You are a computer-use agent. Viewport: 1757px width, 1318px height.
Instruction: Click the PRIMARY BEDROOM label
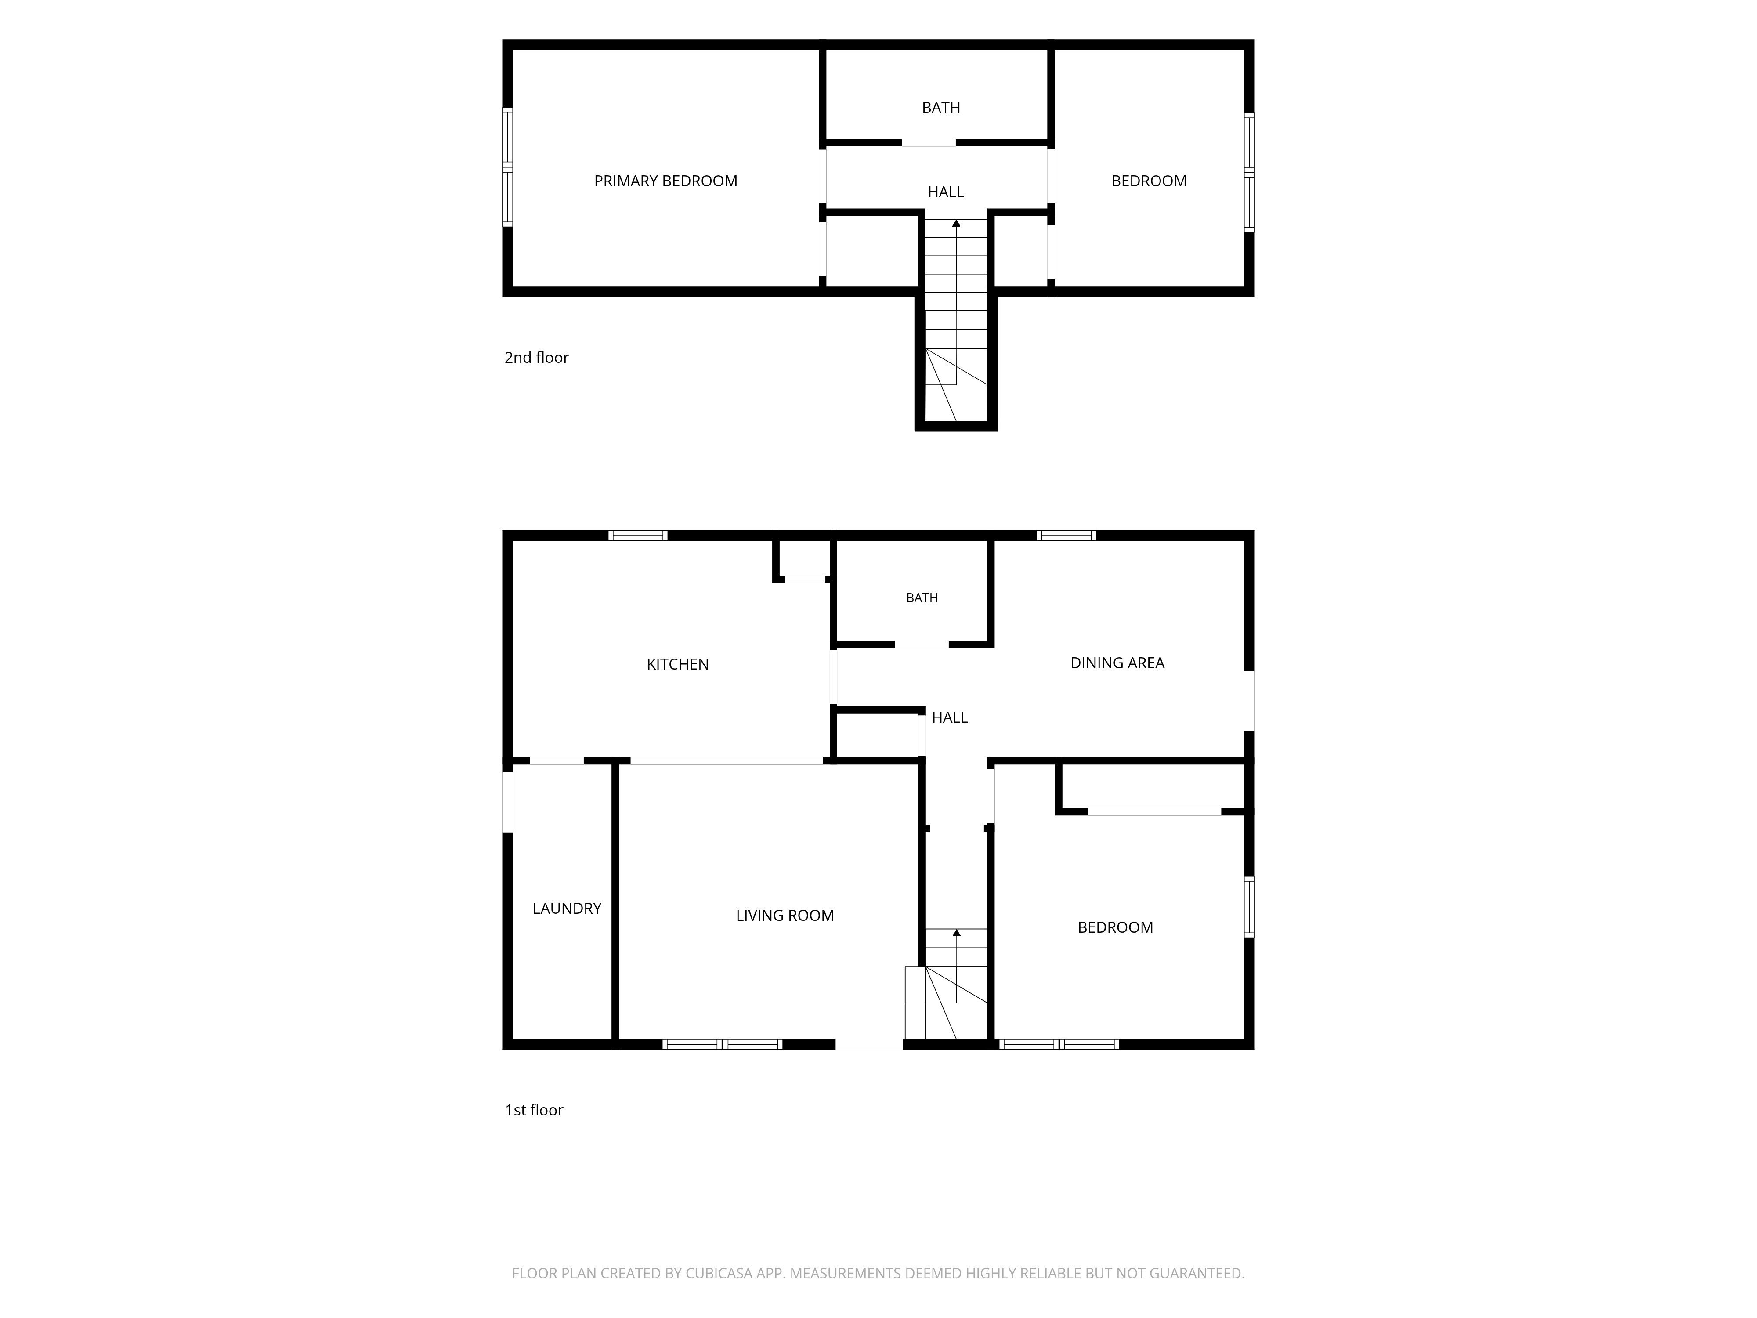tap(665, 181)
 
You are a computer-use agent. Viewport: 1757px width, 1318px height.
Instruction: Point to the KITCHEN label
tap(677, 664)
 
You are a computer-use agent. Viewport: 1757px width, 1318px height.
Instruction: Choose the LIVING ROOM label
tap(785, 915)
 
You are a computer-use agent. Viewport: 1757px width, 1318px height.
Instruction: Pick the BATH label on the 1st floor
tap(922, 597)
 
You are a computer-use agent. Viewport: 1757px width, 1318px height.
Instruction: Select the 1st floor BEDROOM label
tap(1115, 927)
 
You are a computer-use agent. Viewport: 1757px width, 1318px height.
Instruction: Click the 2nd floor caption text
tap(536, 358)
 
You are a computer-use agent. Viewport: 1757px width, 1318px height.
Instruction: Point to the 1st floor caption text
tap(534, 1110)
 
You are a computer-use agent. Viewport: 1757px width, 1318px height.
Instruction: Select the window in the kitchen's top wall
tap(638, 536)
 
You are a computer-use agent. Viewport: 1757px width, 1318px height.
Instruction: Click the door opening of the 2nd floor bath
tap(929, 143)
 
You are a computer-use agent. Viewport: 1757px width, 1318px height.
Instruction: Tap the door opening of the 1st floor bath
tap(922, 644)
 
